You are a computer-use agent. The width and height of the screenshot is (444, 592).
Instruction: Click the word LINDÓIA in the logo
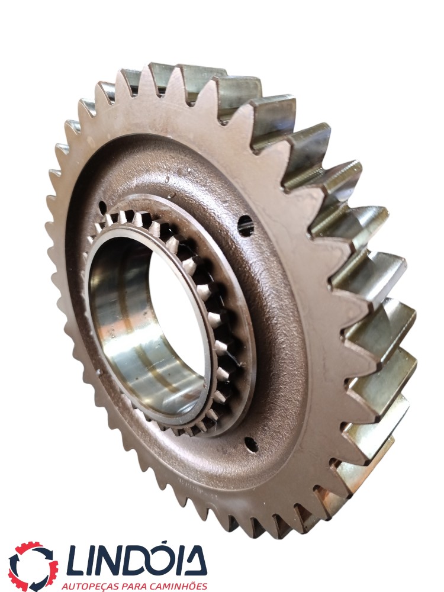137,560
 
